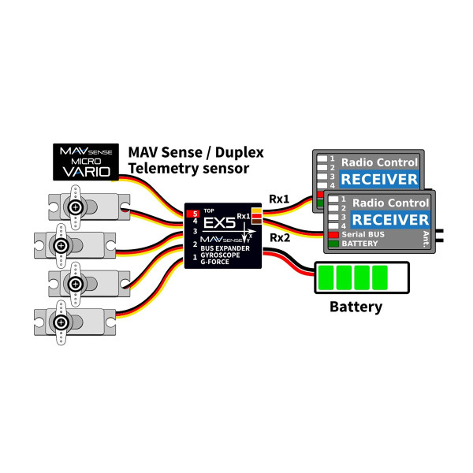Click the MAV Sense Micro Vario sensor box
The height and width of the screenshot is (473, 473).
pos(86,162)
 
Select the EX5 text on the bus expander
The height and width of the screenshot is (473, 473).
pos(219,223)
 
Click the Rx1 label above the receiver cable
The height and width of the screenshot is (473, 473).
pos(279,199)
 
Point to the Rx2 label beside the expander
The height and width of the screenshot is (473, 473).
pos(280,238)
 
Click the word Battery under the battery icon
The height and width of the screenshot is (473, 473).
pos(356,307)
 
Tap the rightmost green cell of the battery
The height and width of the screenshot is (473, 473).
pos(380,277)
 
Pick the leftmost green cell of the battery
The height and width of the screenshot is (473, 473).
pos(326,277)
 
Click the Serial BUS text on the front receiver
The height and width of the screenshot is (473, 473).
pos(363,234)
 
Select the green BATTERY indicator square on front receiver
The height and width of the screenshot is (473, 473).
pos(333,244)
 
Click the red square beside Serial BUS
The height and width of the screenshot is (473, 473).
pos(333,234)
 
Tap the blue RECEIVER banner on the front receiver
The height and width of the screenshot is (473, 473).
pos(390,220)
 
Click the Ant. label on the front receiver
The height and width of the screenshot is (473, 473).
pos(426,239)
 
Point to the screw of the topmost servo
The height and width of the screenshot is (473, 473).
pos(76,207)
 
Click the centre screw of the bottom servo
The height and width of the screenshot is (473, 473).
pos(61,322)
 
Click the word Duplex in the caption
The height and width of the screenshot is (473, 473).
pos(239,153)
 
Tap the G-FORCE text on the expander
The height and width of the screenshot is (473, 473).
pos(214,262)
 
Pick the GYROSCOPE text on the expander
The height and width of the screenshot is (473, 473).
pos(220,255)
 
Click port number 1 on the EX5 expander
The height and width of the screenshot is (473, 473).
pos(195,257)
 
